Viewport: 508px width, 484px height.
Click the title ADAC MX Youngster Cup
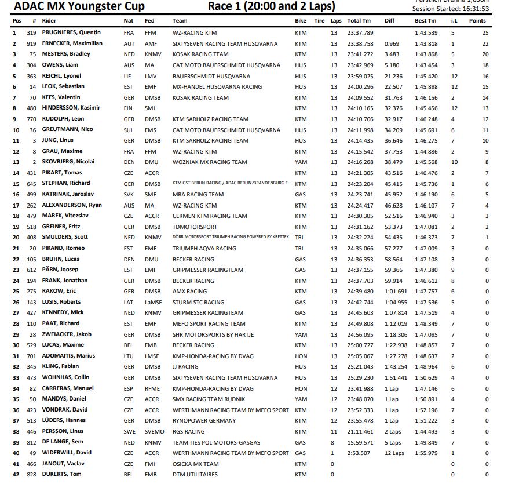click(79, 7)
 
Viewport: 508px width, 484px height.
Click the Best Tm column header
click(426, 21)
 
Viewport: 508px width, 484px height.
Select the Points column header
click(477, 21)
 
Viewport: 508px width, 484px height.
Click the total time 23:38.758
click(360, 43)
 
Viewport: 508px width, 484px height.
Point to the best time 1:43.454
click(426, 65)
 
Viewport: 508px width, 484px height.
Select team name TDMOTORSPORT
click(195, 227)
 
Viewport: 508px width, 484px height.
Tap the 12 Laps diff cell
click(394, 453)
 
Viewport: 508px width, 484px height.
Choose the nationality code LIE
click(128, 76)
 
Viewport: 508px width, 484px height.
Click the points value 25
click(485, 33)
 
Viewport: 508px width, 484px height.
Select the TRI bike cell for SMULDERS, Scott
click(299, 238)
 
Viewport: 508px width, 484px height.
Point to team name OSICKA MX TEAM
click(196, 464)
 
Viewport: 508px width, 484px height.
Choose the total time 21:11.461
click(360, 431)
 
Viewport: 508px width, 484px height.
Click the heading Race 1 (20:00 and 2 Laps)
click(271, 7)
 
